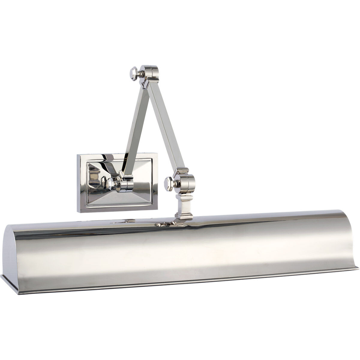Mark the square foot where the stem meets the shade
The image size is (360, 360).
183,217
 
